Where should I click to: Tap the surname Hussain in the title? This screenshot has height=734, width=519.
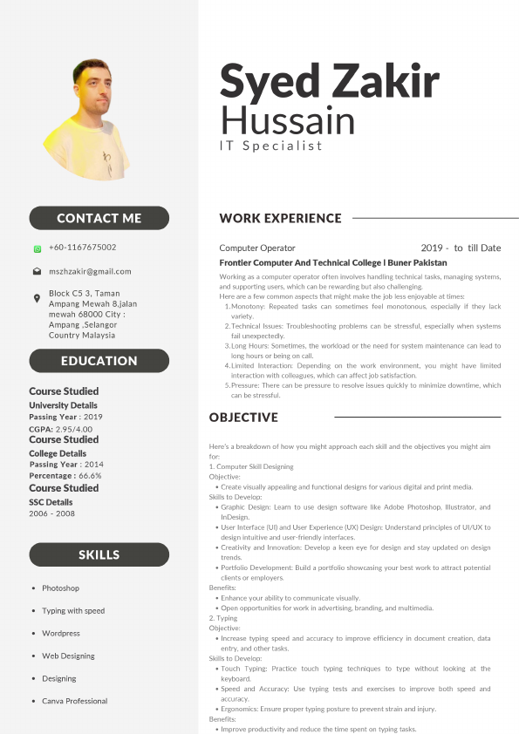tap(288, 119)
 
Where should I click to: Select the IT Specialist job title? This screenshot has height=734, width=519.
tap(270, 146)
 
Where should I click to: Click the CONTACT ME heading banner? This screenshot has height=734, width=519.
tap(99, 218)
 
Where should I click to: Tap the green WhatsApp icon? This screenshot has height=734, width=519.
tap(38, 248)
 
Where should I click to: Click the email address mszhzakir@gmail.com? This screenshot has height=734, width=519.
tap(90, 271)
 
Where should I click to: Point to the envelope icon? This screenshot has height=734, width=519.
tap(38, 271)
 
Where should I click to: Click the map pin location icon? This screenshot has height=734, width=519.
tap(37, 299)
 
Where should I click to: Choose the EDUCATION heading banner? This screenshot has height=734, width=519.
tap(99, 360)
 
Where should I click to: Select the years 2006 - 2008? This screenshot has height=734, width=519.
tap(51, 514)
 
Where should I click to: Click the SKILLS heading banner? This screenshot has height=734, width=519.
tap(99, 554)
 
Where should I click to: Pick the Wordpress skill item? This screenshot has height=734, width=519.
tap(61, 634)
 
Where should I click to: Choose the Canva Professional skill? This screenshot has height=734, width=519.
tap(74, 701)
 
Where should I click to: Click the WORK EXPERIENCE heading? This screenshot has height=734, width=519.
tap(280, 218)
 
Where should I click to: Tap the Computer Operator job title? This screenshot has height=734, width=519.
tap(257, 248)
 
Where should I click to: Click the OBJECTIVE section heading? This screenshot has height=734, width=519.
tap(243, 417)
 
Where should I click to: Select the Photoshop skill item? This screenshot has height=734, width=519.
tap(60, 588)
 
